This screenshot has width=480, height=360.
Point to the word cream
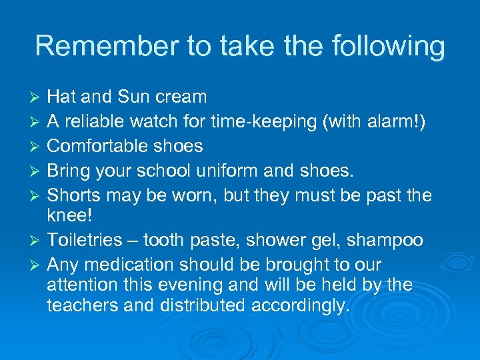click(x=181, y=97)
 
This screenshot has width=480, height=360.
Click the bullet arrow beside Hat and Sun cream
click(x=38, y=97)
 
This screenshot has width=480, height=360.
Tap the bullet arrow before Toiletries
click(x=38, y=240)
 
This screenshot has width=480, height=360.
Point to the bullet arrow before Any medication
click(x=38, y=265)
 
